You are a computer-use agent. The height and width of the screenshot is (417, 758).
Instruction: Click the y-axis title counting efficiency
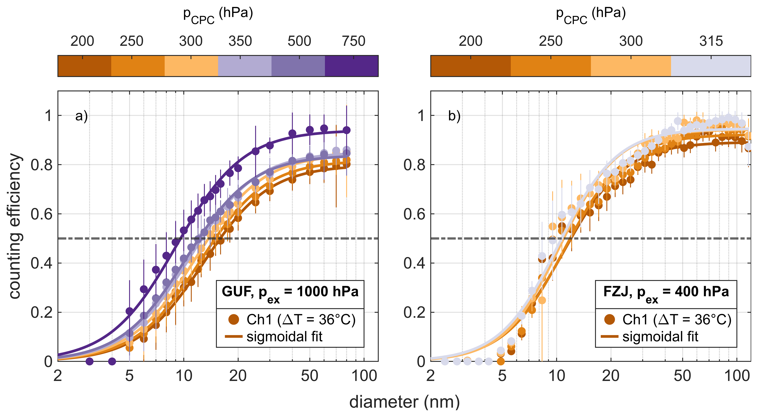tap(15, 226)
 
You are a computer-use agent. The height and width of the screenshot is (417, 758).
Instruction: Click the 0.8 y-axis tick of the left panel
tap(41, 165)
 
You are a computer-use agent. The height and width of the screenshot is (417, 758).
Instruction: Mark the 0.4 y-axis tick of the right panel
tap(414, 263)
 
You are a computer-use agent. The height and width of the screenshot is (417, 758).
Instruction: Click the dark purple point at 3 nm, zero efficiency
tap(89, 361)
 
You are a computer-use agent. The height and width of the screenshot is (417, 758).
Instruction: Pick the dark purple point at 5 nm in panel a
tap(129, 311)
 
